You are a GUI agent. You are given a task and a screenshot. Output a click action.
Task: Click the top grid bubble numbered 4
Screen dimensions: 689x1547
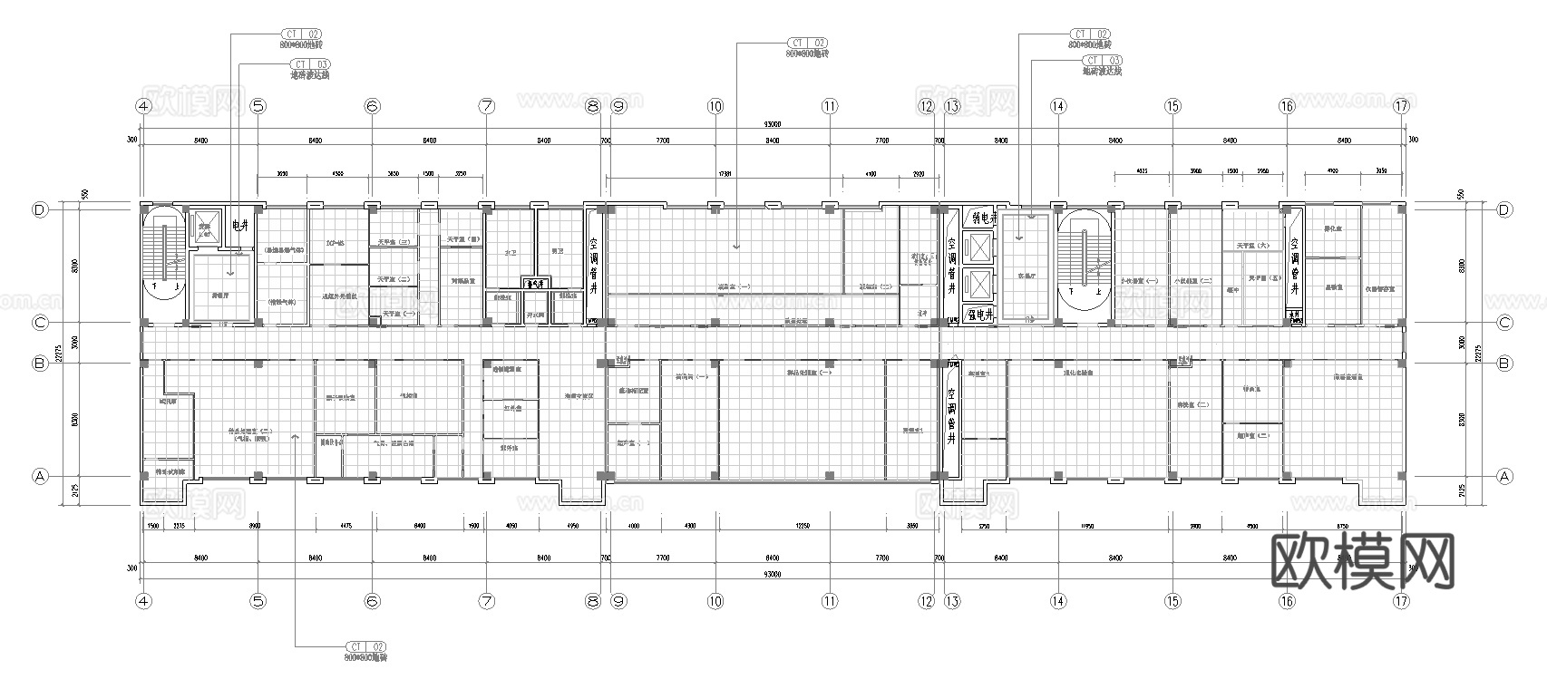(x=142, y=106)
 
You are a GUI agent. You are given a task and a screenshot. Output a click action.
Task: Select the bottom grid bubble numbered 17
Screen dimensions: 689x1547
(x=1402, y=601)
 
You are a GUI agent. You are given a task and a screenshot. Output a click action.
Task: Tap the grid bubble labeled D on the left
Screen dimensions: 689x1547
(x=40, y=209)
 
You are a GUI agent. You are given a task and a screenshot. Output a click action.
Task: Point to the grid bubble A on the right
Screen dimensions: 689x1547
(x=1504, y=476)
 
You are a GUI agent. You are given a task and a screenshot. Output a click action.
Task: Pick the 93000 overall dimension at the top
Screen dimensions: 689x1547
(x=772, y=124)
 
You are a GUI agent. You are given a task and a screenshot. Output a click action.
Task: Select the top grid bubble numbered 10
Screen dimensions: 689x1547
(x=715, y=106)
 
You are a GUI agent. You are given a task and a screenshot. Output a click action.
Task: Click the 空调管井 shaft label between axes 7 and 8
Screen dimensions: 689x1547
(x=594, y=266)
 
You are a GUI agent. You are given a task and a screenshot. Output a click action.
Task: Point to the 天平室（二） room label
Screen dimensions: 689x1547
(x=391, y=278)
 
